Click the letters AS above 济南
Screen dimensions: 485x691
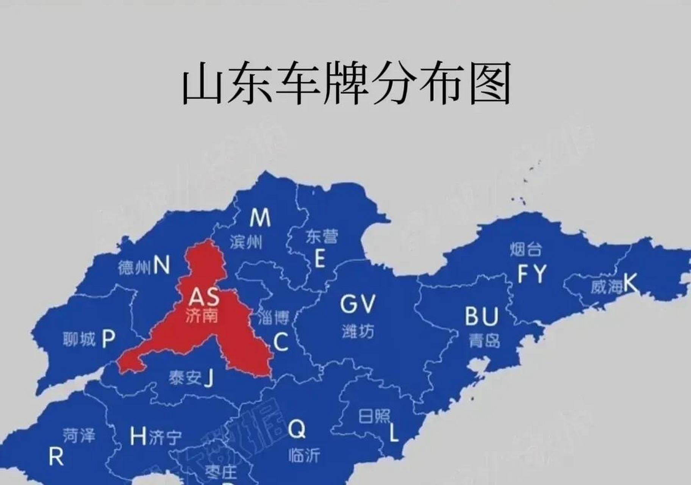204,297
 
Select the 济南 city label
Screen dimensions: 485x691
202,315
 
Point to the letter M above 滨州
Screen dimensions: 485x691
260,217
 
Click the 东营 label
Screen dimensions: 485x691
322,237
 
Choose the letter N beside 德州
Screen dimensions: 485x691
161,265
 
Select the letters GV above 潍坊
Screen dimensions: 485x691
358,304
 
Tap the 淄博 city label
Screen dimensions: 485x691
274,318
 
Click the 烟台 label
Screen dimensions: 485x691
526,250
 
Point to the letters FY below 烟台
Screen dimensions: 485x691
532,274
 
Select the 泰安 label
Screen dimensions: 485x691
185,378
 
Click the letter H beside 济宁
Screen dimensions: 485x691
138,436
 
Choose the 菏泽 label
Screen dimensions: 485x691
79,436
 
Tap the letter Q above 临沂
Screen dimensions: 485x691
296,429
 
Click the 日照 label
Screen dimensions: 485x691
374,416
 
